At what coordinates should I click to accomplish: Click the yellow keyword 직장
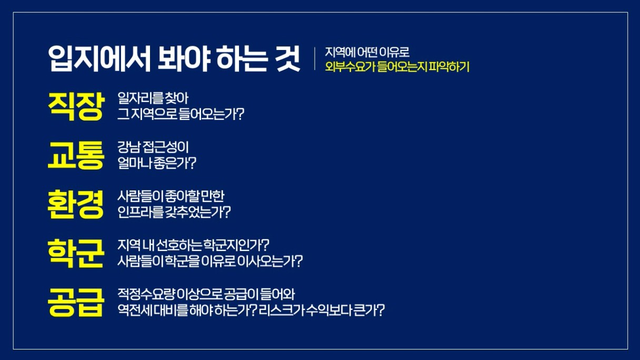76,106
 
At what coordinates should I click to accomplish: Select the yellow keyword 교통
76,155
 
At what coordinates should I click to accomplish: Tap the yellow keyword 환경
76,205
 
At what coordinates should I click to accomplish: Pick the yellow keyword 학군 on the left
76,254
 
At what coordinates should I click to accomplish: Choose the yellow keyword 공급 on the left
76,302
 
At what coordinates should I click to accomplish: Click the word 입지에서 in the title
99,58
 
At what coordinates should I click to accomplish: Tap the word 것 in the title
288,58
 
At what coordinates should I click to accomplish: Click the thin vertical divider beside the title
315,58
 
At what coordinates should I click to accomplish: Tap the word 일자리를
141,98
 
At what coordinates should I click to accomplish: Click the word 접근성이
166,147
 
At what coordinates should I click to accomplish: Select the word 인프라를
141,212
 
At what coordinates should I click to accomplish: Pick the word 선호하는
179,245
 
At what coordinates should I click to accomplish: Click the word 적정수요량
146,294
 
